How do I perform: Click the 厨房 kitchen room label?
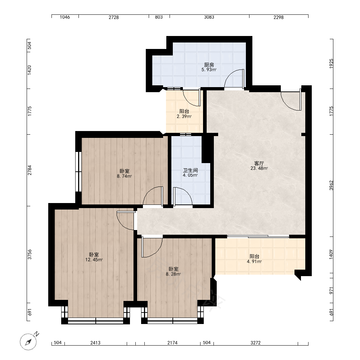click(209, 65)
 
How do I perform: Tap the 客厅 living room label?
click(259, 163)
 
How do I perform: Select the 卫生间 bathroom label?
click(190, 170)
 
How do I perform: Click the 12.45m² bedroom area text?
click(94, 260)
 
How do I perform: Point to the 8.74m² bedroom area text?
click(124, 176)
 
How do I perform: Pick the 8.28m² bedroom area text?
click(174, 274)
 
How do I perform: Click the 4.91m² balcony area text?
click(255, 261)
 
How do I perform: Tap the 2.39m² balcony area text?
click(184, 116)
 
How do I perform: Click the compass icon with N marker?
click(29, 341)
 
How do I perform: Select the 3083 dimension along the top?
click(209, 17)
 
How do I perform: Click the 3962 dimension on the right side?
click(331, 185)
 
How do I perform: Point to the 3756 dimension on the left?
click(30, 255)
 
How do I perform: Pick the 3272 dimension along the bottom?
click(256, 343)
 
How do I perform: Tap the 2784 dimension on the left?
click(30, 170)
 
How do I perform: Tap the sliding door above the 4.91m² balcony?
click(258, 236)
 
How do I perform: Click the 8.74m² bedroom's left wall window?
click(78, 171)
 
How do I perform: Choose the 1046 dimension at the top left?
click(65, 17)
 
